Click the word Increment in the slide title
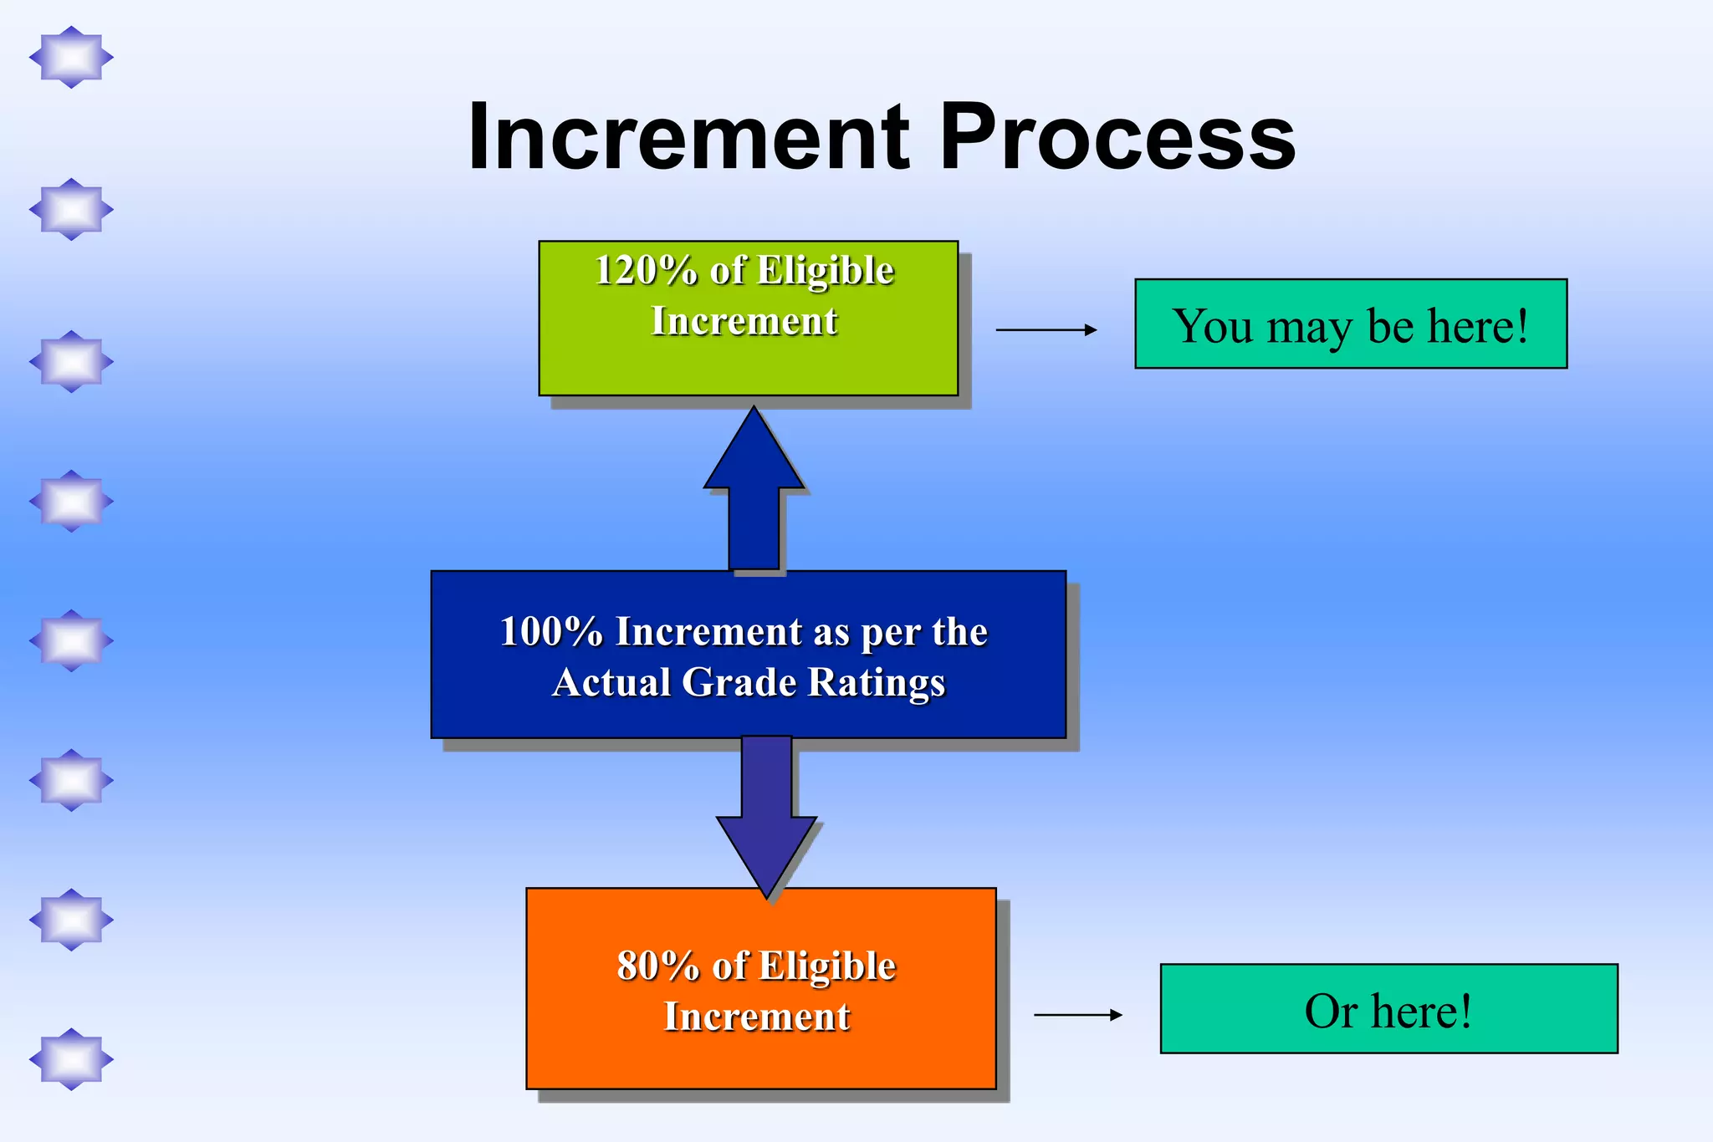[688, 136]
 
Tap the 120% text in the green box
[645, 271]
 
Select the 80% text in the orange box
[657, 966]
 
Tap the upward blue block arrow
[754, 493]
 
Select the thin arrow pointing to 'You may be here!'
[1046, 329]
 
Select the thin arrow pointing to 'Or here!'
[1077, 1014]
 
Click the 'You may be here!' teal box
[1350, 324]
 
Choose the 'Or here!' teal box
[1388, 1009]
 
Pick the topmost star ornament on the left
[71, 57]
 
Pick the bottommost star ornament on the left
[71, 1059]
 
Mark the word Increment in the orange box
[756, 1017]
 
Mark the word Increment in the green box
[744, 321]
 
